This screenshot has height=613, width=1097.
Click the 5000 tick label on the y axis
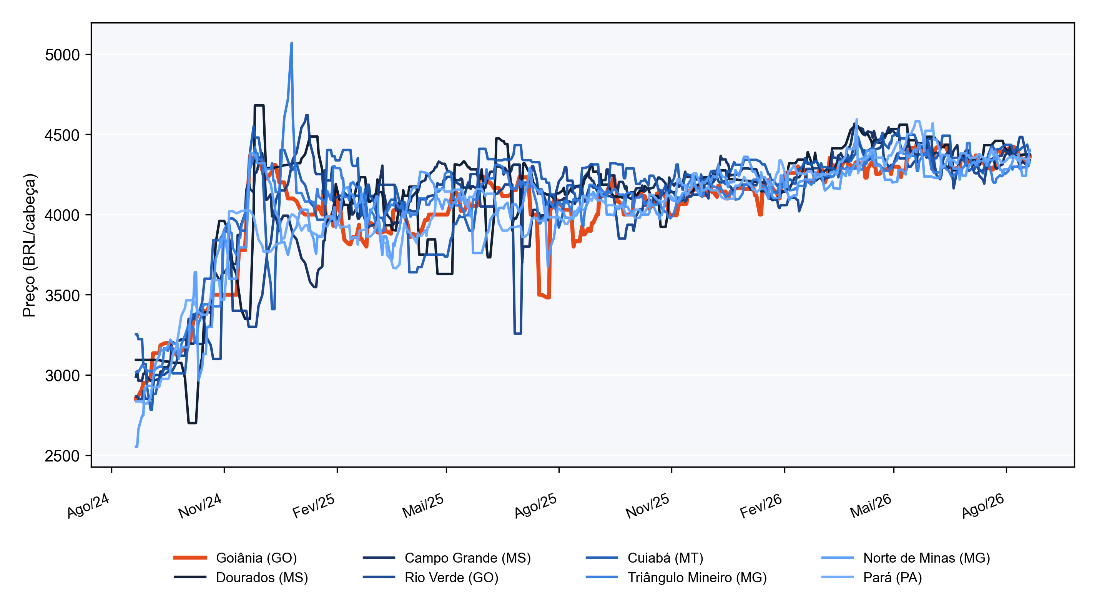62,55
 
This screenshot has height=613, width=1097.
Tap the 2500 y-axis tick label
62,456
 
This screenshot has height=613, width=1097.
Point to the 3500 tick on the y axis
62,295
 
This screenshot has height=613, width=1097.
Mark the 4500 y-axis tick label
62,135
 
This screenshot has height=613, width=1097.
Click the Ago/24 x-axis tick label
88,506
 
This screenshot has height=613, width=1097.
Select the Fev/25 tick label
314,506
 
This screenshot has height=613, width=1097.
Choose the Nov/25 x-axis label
648,506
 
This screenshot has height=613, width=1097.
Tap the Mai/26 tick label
871,506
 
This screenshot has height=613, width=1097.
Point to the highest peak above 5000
291,43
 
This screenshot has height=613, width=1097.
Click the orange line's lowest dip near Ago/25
548,297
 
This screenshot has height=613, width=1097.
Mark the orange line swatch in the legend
190,558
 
